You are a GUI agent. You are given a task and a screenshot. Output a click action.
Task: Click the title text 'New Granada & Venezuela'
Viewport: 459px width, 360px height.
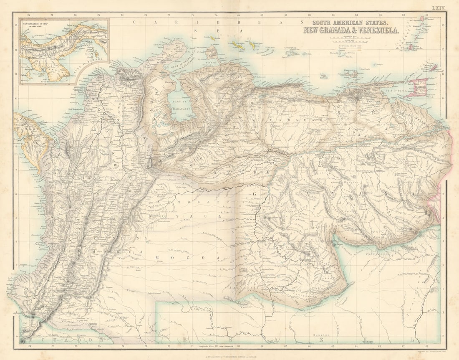click(351, 30)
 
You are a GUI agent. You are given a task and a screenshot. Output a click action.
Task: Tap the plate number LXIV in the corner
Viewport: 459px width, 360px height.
click(439, 8)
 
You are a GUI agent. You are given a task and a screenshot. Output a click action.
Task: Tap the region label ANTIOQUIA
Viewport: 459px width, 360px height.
click(100, 177)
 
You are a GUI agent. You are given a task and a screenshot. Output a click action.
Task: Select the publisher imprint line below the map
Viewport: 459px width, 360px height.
click(229, 356)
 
